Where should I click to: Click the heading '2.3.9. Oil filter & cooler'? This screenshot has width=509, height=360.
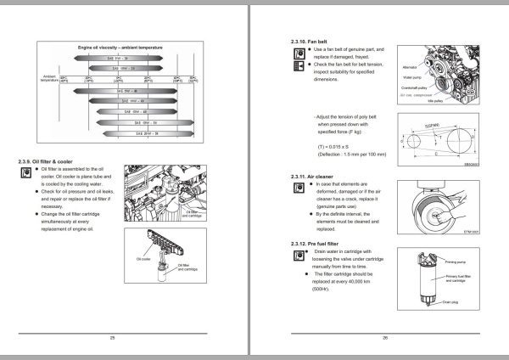[x=54, y=160]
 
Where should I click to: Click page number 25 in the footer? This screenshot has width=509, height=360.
[x=113, y=339]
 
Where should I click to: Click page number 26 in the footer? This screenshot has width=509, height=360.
[x=384, y=339]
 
